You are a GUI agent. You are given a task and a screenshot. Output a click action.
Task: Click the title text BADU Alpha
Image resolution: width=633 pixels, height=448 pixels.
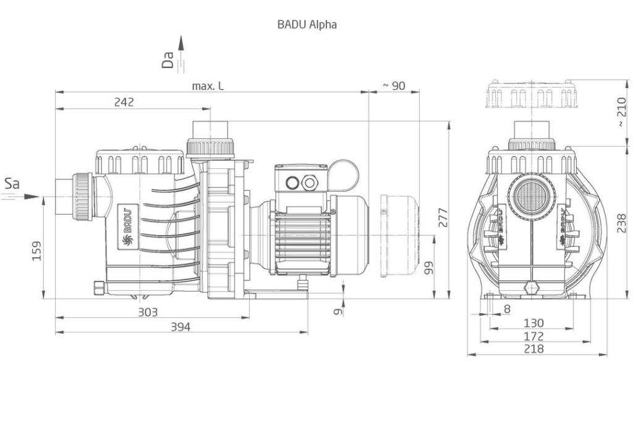pyautogui.click(x=307, y=25)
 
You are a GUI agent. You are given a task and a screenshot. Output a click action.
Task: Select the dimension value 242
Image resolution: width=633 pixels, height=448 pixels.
pyautogui.click(x=123, y=102)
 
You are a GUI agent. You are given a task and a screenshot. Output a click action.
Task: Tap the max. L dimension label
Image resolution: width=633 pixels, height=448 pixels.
pyautogui.click(x=208, y=86)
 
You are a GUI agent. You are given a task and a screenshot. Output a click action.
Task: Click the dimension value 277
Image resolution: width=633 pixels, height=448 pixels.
pyautogui.click(x=443, y=218)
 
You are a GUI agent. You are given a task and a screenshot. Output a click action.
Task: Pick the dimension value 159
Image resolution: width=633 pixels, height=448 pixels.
pyautogui.click(x=36, y=251)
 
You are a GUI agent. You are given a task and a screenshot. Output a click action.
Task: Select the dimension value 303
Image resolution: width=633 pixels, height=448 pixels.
pyautogui.click(x=147, y=312)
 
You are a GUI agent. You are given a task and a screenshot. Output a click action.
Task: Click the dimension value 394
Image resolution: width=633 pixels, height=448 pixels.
pyautogui.click(x=181, y=327)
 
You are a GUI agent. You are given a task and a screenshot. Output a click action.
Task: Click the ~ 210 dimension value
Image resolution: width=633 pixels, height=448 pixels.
pyautogui.click(x=621, y=111)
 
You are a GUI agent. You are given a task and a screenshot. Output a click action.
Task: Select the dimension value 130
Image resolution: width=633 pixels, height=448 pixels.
pyautogui.click(x=533, y=323)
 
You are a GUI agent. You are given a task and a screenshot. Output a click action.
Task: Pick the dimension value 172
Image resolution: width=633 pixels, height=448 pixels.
pyautogui.click(x=533, y=336)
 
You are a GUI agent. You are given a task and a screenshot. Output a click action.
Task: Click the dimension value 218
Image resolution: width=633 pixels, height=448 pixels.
pyautogui.click(x=533, y=348)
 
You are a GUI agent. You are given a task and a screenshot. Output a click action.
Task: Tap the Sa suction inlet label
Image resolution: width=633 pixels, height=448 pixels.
pyautogui.click(x=12, y=183)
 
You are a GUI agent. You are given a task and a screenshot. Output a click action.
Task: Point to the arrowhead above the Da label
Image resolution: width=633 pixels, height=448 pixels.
pyautogui.click(x=181, y=42)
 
